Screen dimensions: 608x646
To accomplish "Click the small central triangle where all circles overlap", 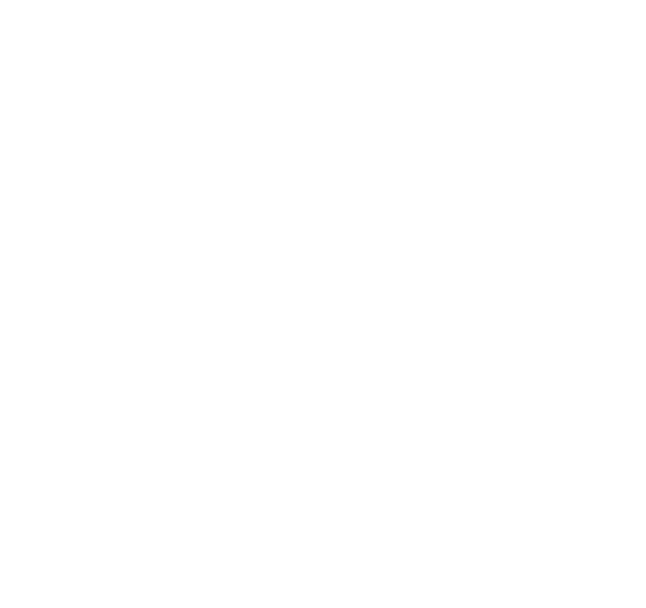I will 323,345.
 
